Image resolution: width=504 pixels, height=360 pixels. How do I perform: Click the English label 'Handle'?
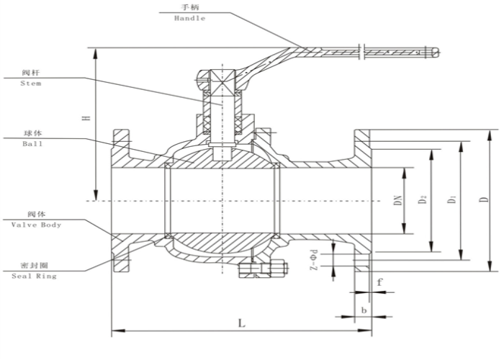coord(189,18)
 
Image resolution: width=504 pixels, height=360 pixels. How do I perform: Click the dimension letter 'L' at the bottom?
coord(241,324)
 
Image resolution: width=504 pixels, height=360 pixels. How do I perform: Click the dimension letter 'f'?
coord(379,282)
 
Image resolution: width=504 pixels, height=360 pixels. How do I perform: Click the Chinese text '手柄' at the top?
coord(189,8)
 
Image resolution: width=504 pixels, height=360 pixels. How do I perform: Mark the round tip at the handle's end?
coord(434,52)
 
